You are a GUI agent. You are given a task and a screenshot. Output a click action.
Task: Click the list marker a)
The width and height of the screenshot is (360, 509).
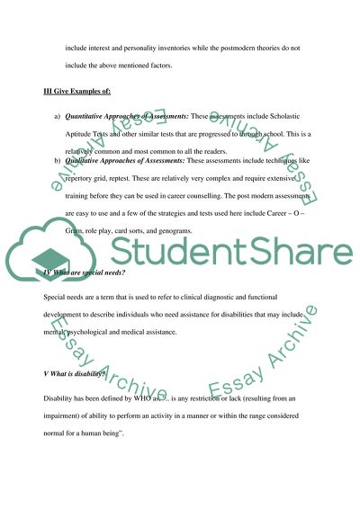click(58, 117)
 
